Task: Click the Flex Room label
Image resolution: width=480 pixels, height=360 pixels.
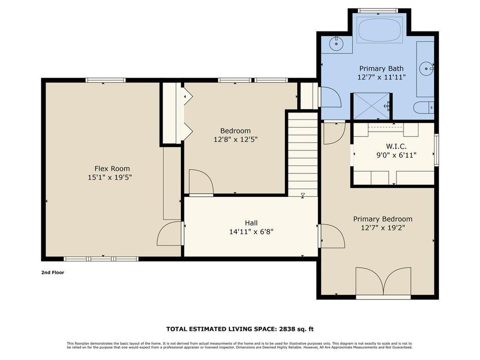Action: click(x=112, y=169)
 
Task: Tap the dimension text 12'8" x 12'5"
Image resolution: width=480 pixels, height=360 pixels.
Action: click(x=235, y=140)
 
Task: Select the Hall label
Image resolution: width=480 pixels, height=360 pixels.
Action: click(x=251, y=223)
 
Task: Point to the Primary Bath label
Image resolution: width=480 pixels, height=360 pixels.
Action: click(x=381, y=68)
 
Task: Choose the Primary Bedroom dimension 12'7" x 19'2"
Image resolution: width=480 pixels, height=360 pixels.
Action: click(x=382, y=228)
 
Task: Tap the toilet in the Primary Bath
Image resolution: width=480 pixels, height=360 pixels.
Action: click(x=424, y=107)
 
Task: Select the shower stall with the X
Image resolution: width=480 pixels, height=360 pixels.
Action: click(x=372, y=106)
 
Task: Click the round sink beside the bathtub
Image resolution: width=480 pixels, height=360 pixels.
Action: click(x=336, y=44)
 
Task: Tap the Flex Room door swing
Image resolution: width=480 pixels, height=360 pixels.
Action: click(x=169, y=233)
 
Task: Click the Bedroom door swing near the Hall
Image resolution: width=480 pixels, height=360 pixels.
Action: click(x=201, y=182)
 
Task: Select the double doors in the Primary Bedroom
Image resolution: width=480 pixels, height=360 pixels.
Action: click(x=383, y=282)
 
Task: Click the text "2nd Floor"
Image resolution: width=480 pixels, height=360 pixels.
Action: click(x=52, y=272)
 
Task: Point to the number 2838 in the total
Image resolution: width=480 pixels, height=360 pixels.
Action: click(x=286, y=329)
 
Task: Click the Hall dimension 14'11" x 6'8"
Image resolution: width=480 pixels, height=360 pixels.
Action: click(x=251, y=232)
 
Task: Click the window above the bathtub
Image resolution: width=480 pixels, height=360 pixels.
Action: click(x=378, y=11)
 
